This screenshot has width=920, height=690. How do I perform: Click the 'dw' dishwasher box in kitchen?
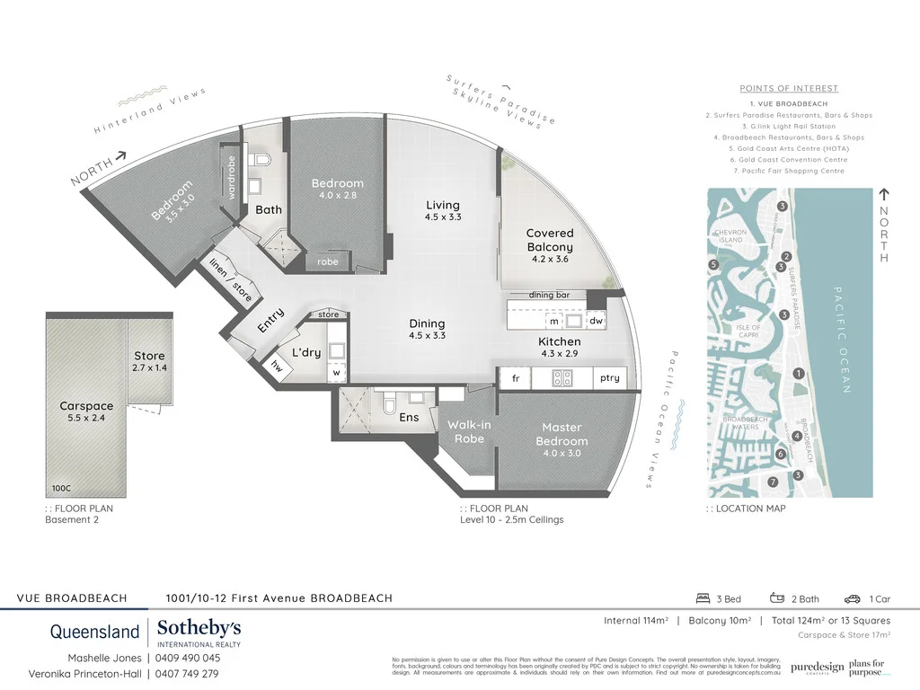click(x=596, y=321)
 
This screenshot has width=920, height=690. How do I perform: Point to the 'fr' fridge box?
click(x=516, y=378)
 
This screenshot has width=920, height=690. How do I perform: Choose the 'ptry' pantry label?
click(x=609, y=378)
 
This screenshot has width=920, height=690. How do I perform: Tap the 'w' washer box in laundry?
click(x=337, y=372)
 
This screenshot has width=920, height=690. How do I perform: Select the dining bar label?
click(x=550, y=296)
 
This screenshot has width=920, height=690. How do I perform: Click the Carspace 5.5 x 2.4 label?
click(x=85, y=412)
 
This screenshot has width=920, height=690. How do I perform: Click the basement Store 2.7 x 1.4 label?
click(x=149, y=361)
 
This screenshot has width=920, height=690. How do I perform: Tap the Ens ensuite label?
click(x=409, y=417)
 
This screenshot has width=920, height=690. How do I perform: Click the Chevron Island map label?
click(x=730, y=236)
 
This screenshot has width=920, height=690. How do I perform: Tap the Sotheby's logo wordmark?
click(x=199, y=629)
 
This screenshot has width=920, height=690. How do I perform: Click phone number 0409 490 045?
click(x=187, y=658)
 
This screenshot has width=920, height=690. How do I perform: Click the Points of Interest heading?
click(x=789, y=88)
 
